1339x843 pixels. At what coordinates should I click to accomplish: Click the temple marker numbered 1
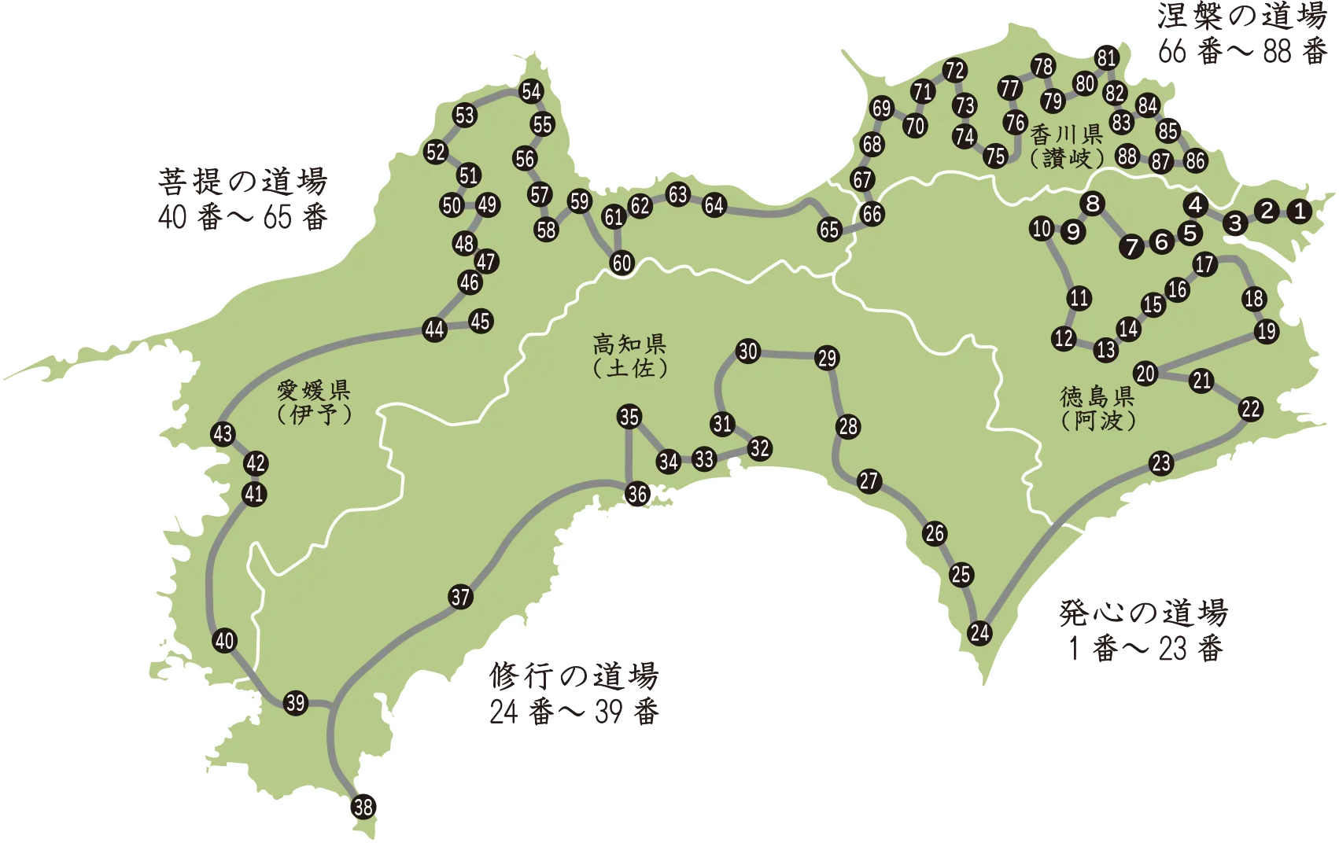point(1300,211)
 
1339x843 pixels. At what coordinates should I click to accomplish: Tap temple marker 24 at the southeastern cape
point(979,632)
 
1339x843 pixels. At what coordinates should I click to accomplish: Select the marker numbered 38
point(363,807)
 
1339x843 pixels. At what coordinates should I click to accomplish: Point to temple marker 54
point(532,91)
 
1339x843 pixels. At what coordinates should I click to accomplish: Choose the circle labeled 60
point(622,263)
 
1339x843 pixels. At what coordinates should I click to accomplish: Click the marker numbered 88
point(1127,156)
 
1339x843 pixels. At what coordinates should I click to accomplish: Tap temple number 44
point(435,329)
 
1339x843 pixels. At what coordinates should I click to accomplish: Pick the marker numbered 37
point(461,597)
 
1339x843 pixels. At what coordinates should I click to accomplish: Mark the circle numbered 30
point(748,352)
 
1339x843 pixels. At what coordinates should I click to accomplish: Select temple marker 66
point(872,214)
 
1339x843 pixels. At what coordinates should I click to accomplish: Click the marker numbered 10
point(1042,229)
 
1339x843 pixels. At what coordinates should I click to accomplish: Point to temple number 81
point(1107,57)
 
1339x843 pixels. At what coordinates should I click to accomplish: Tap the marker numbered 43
point(223,433)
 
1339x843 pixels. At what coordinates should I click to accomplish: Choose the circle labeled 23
point(1162,463)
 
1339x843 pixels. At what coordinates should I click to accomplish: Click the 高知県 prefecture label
point(629,344)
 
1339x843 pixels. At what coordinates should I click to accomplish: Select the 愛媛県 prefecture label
point(313,390)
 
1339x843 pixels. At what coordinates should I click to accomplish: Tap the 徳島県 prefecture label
point(1097,396)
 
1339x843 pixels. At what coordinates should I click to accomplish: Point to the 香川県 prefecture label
point(1067,134)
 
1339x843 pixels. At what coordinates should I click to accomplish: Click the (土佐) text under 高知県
point(629,367)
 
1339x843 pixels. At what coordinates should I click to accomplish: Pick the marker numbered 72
point(954,70)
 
